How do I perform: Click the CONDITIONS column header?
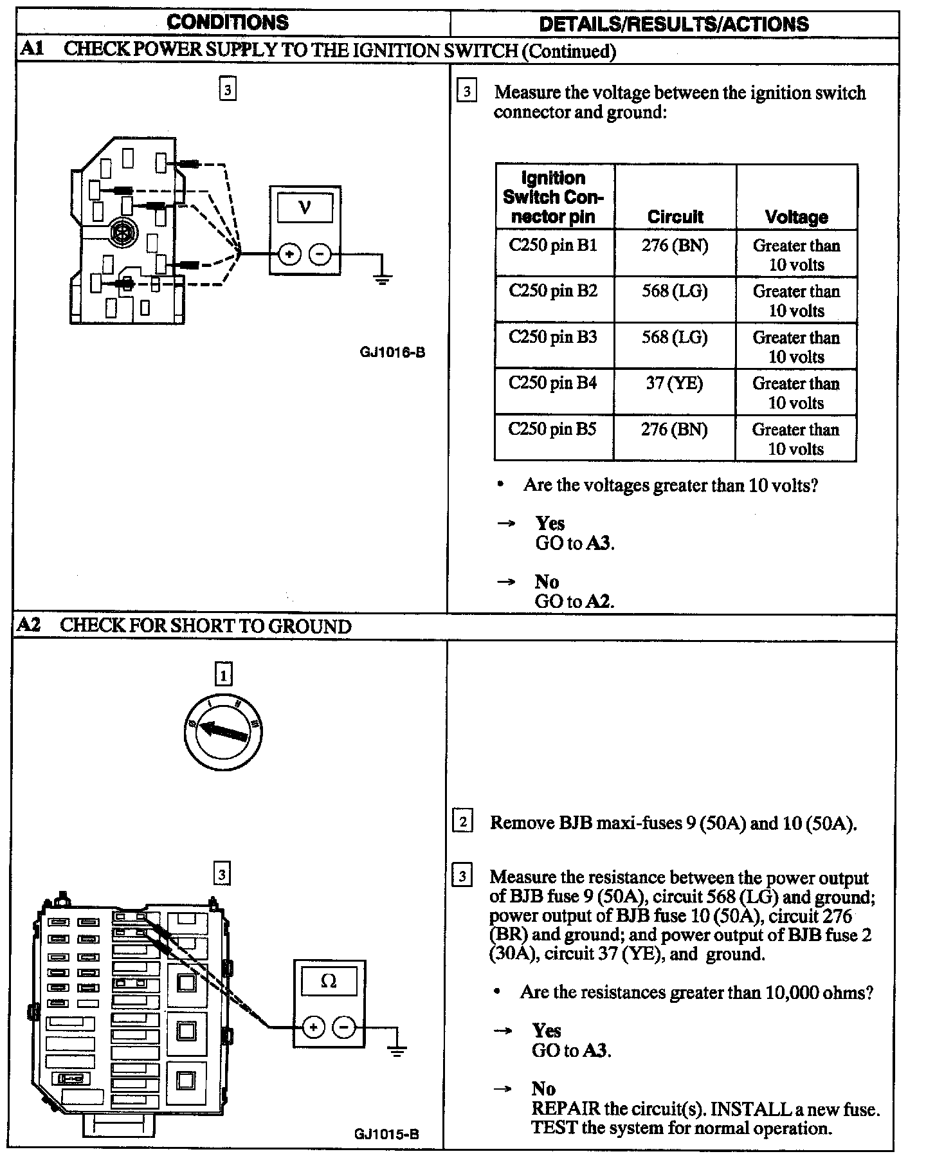tap(228, 23)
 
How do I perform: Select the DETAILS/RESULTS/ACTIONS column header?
tap(673, 24)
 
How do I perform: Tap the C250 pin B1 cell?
tap(553, 245)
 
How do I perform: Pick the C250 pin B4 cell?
tap(553, 383)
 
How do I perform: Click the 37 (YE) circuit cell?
tap(674, 383)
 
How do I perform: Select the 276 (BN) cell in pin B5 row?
tap(674, 429)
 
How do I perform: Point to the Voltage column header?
tap(796, 217)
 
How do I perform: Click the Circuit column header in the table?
tap(675, 217)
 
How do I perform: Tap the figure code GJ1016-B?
tap(392, 353)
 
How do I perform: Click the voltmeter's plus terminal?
tap(289, 254)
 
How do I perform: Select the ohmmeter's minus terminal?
tap(344, 1027)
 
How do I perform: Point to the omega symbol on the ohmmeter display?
tap(329, 981)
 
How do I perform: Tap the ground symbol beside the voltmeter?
tap(382, 279)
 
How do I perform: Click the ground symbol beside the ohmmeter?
tap(397, 1052)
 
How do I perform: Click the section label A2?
tap(29, 625)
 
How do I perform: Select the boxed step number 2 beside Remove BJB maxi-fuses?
tap(463, 822)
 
